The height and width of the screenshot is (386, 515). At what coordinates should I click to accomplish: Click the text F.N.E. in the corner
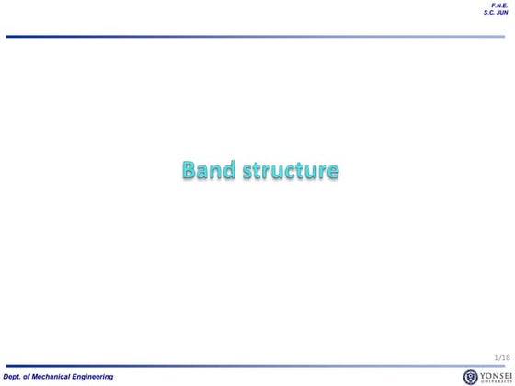point(498,6)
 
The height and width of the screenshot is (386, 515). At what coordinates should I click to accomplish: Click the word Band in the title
point(208,170)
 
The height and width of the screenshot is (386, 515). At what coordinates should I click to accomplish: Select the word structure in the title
point(289,171)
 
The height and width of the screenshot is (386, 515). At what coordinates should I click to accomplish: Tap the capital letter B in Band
point(189,170)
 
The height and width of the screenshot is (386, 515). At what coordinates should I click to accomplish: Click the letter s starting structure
point(245,172)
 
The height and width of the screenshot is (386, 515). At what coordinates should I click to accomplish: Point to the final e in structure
point(332,172)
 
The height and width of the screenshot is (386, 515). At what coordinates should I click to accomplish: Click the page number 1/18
point(501,357)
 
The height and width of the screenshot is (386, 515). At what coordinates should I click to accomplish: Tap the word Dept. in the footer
point(16,377)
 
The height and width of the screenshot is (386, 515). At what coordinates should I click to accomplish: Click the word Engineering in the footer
point(96,377)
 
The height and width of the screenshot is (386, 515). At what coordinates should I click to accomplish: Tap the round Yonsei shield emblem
point(471,377)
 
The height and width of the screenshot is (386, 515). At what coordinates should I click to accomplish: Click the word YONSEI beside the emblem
point(496,375)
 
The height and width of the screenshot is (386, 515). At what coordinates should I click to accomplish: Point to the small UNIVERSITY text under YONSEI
point(496,381)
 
